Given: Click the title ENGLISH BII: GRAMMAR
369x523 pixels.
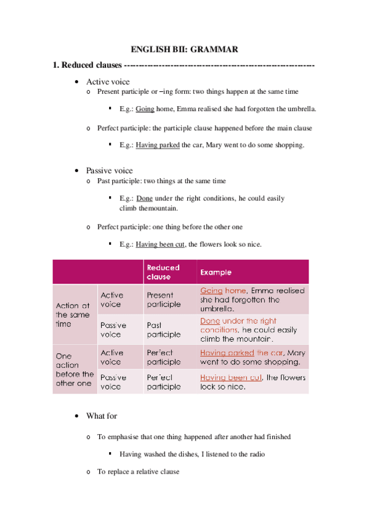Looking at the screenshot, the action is pyautogui.click(x=184, y=49).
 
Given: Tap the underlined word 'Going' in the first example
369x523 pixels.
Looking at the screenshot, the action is pyautogui.click(x=145, y=109).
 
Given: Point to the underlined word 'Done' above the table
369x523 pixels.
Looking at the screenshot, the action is pyautogui.click(x=144, y=199).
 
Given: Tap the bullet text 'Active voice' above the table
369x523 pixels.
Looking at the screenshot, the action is pyautogui.click(x=108, y=81).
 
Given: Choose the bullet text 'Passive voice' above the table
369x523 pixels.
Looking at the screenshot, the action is pyautogui.click(x=109, y=170).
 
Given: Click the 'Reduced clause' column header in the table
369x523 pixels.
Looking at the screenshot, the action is pyautogui.click(x=163, y=272).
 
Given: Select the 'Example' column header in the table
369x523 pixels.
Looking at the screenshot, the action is pyautogui.click(x=215, y=272).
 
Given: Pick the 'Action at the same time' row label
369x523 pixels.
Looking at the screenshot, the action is pyautogui.click(x=73, y=314).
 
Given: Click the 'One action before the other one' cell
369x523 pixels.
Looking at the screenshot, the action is pyautogui.click(x=74, y=369).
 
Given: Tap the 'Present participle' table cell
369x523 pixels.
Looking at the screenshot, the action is pyautogui.click(x=164, y=299).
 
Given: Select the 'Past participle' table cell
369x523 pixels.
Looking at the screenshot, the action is pyautogui.click(x=164, y=329).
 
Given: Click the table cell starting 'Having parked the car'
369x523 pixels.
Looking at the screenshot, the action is pyautogui.click(x=253, y=357).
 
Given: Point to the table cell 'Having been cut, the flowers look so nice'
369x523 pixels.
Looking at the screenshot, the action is pyautogui.click(x=253, y=382).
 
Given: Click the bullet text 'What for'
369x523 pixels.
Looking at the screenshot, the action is pyautogui.click(x=102, y=416).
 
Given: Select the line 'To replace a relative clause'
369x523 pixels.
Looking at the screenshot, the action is pyautogui.click(x=138, y=472).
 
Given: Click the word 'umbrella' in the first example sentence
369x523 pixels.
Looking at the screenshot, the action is pyautogui.click(x=302, y=109).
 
